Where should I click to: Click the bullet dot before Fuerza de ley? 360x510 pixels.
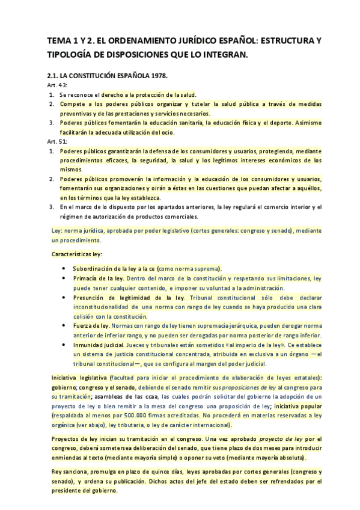64,325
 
